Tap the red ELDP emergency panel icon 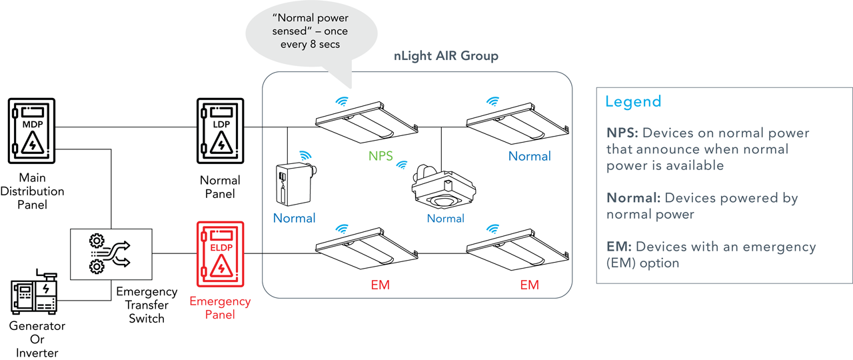[220, 253]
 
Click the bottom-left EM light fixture [367, 250]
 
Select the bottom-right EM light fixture [518, 250]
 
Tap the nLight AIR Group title [446, 56]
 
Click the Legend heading [633, 101]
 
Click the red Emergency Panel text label [220, 307]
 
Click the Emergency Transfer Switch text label [147, 305]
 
